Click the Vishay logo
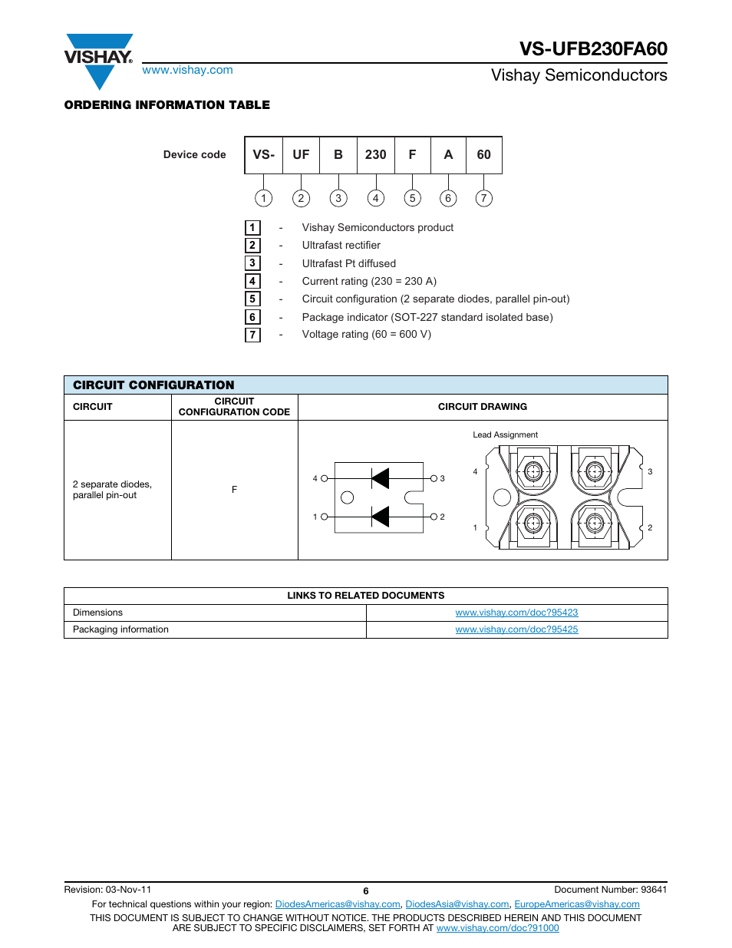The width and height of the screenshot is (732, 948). (x=98, y=60)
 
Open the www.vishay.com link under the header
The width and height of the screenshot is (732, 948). (x=187, y=70)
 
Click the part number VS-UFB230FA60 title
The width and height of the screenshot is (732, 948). (x=593, y=48)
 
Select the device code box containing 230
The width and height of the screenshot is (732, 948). (x=375, y=155)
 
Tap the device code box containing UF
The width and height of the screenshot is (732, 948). (x=301, y=155)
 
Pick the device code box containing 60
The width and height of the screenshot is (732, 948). (x=483, y=155)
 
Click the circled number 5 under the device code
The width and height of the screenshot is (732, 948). (x=412, y=198)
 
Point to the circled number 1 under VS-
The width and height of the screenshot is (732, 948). (x=263, y=198)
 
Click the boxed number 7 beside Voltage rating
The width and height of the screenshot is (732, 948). (x=252, y=335)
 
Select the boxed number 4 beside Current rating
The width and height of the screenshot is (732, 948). (x=252, y=281)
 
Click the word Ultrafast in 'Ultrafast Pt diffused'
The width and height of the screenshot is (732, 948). (x=321, y=263)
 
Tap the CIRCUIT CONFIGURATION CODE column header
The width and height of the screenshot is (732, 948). (x=234, y=407)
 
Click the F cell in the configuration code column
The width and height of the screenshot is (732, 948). (x=234, y=490)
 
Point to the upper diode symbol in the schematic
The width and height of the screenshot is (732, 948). (x=380, y=478)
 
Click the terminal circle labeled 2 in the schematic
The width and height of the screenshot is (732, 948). (x=434, y=517)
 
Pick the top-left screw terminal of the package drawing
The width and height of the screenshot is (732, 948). (x=533, y=471)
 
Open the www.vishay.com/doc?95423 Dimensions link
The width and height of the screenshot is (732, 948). (x=516, y=613)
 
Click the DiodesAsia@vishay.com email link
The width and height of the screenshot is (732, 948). (x=457, y=904)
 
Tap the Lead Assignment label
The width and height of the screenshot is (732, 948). (x=505, y=435)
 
